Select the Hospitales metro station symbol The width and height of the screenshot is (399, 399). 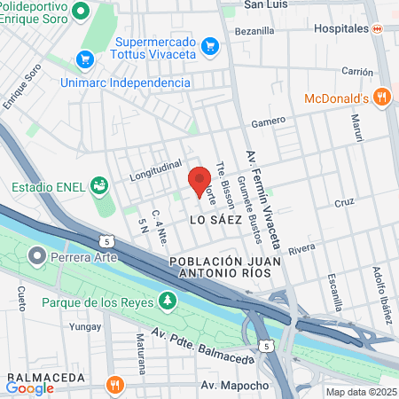tap(376, 28)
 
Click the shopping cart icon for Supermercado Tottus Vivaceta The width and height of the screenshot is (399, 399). tap(209, 44)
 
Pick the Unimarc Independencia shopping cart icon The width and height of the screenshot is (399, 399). tap(85, 59)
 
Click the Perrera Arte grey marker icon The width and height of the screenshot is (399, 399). tap(36, 258)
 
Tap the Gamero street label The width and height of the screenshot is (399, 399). tap(268, 121)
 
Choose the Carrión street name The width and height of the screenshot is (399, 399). tap(356, 71)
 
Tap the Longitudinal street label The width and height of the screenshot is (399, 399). tap(155, 168)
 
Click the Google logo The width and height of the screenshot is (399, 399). tap(29, 387)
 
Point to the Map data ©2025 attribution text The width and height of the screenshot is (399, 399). tap(361, 392)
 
